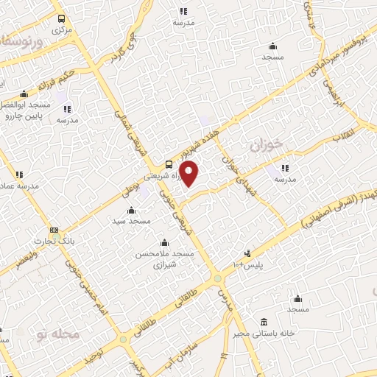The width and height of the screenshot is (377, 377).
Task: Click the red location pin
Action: click(x=190, y=174)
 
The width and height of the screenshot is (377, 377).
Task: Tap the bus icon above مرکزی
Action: click(x=60, y=20)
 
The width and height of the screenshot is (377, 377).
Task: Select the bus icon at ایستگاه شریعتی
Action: click(x=170, y=164)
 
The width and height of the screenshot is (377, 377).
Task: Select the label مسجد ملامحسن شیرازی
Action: click(x=164, y=258)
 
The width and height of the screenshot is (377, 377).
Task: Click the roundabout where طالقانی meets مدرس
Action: click(x=218, y=278)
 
